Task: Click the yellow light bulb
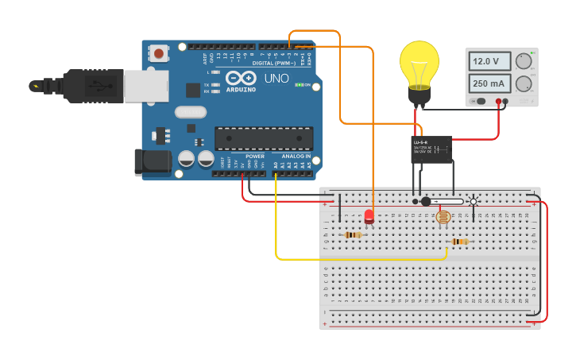(419, 66)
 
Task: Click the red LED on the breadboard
(369, 215)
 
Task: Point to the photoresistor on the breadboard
(443, 217)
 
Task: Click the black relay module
(431, 148)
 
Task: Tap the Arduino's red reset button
(160, 53)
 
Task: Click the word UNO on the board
(276, 79)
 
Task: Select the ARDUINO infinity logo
(241, 78)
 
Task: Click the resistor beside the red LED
(354, 234)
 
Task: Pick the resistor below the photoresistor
(459, 242)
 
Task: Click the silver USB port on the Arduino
(145, 86)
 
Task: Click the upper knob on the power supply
(523, 61)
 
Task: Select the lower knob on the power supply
(523, 83)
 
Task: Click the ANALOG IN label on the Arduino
(296, 157)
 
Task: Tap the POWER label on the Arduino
(255, 157)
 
